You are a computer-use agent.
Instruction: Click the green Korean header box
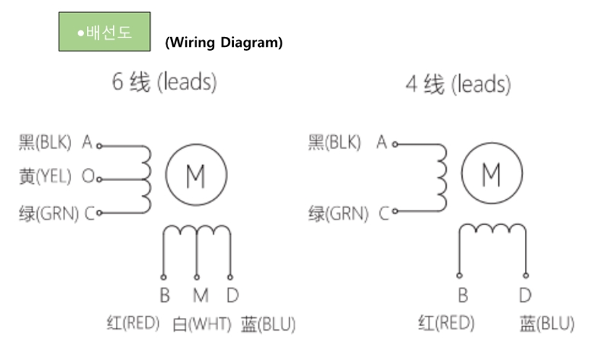[x=104, y=31]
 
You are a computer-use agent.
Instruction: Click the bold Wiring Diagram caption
[x=224, y=42]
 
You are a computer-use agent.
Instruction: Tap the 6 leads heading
[x=164, y=82]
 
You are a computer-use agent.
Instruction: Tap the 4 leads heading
[x=458, y=84]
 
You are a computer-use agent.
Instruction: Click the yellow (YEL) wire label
[x=45, y=177]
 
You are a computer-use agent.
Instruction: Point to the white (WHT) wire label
[x=201, y=324]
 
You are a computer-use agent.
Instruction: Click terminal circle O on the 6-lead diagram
[x=99, y=180]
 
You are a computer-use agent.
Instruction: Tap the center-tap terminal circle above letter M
[x=197, y=277]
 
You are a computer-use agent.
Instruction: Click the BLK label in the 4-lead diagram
[x=335, y=143]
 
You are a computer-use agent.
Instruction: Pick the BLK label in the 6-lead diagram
[x=45, y=143]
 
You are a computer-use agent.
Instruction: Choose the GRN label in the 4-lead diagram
[x=338, y=214]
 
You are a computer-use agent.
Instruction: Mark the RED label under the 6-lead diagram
[x=133, y=323]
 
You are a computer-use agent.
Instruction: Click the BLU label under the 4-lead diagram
[x=547, y=324]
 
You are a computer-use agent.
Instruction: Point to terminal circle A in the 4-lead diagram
[x=395, y=144]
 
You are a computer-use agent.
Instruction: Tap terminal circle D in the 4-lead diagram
[x=526, y=275]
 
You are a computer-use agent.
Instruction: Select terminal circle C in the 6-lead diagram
[x=99, y=213]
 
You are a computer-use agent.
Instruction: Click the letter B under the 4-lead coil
[x=463, y=296]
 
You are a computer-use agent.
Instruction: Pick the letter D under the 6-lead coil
[x=232, y=296]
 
